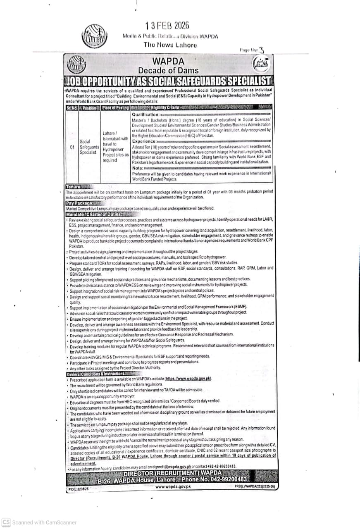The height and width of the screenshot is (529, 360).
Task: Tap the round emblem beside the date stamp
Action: coord(94,36)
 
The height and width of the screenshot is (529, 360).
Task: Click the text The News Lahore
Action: coord(170,45)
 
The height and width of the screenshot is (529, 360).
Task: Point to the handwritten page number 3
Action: coord(261,50)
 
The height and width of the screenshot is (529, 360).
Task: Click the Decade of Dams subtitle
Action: coord(168,71)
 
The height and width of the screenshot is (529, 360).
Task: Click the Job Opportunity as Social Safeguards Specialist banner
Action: coord(168,81)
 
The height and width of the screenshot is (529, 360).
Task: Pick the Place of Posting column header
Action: coord(115,108)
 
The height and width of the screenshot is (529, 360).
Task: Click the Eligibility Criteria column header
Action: coord(165,108)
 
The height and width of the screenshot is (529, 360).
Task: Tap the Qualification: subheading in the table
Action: coord(145,114)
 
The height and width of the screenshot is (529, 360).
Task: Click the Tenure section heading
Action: coord(73,187)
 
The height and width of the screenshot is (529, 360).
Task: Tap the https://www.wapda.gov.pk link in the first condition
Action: coord(188,379)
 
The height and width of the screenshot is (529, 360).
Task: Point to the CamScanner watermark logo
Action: coord(6,522)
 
